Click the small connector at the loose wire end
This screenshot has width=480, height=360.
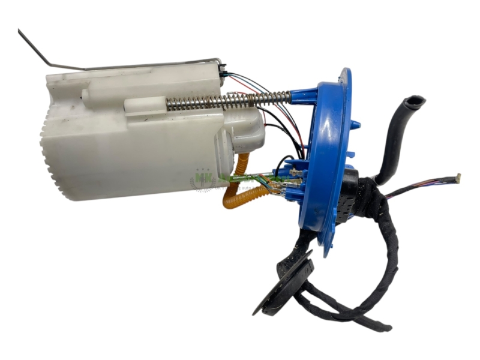click(457, 178)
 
